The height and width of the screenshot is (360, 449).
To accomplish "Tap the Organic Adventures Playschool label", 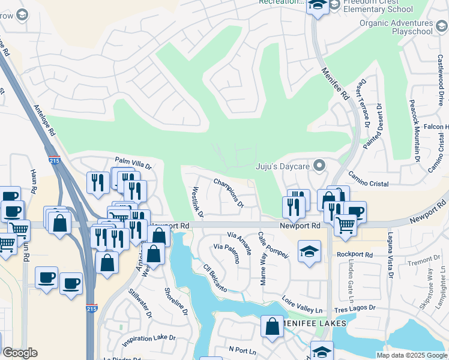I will (x=396, y=27).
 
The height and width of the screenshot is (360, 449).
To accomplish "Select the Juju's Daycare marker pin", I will (x=319, y=164).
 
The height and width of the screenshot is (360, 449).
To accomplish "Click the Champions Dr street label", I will (x=229, y=193).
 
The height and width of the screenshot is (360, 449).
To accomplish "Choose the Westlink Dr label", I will (x=197, y=202).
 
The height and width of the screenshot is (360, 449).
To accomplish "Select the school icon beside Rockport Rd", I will (x=309, y=252).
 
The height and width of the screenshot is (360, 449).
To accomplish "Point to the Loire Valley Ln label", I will (x=302, y=304).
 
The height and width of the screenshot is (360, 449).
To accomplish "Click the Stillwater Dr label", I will (x=141, y=304).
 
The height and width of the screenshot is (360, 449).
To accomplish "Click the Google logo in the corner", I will (x=20, y=353).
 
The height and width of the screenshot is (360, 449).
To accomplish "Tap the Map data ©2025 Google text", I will (x=412, y=355).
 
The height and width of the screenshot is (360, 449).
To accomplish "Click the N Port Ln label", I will (x=243, y=349).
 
